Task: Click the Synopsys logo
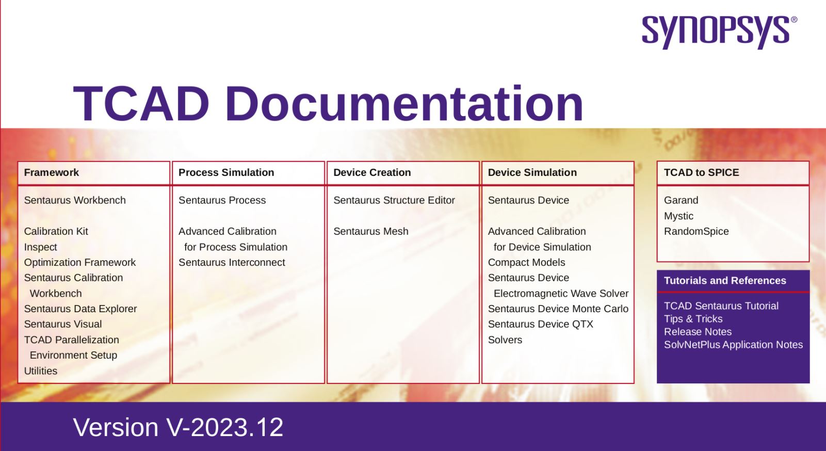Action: coord(719,32)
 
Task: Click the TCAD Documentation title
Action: coord(328,104)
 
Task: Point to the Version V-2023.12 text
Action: coord(178,427)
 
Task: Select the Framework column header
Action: coord(51,172)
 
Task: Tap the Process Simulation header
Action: coord(226,172)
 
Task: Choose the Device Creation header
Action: coord(371,172)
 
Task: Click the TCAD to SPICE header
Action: coord(701,172)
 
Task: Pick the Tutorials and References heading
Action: coord(725,281)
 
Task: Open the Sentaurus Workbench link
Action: coord(75,200)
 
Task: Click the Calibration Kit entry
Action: coord(56,231)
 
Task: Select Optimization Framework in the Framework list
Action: coord(79,262)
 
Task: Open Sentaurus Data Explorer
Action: coord(80,309)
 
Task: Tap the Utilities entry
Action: coord(41,371)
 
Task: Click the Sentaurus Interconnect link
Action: coord(232,262)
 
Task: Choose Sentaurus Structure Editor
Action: coord(394,200)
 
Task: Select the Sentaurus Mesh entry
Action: coord(370,231)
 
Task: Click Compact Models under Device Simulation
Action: coord(526,262)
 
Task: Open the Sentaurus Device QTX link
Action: coord(540,324)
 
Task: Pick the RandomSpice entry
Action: coord(696,231)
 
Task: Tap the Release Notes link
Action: coord(698,332)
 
